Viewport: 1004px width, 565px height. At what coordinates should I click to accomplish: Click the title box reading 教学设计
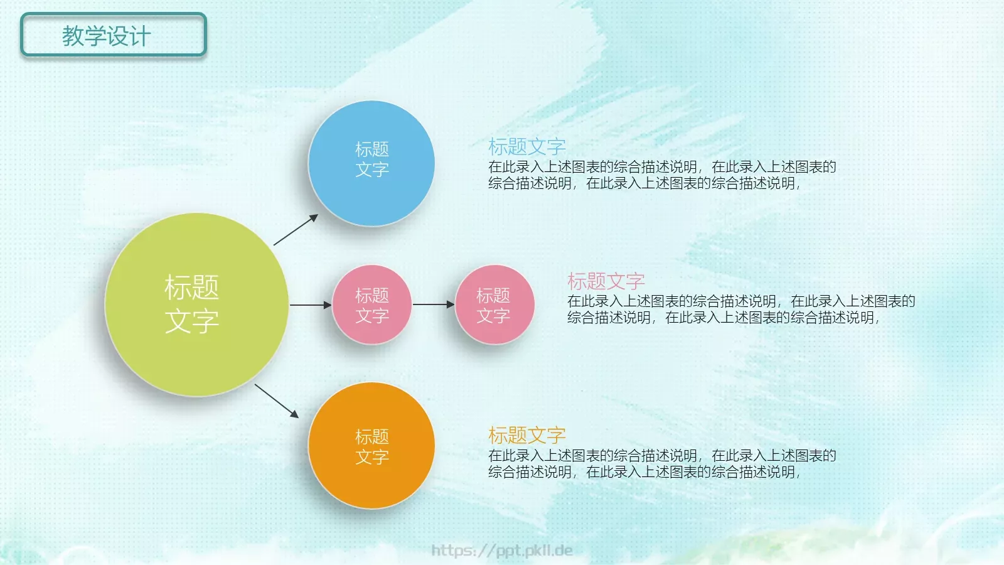113,35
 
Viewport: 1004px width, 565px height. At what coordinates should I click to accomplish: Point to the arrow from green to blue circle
296,230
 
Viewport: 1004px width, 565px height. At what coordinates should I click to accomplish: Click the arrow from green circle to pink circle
310,305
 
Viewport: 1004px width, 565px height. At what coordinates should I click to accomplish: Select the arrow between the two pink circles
433,304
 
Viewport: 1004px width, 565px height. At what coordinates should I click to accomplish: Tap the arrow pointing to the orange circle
277,401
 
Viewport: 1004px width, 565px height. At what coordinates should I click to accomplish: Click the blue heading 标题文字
527,147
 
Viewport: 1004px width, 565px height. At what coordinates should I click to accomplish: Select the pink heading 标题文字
606,281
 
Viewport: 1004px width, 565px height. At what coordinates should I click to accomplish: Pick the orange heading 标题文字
527,435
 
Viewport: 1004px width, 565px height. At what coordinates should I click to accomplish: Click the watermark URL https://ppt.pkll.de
502,551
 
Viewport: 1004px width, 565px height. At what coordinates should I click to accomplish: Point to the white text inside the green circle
192,304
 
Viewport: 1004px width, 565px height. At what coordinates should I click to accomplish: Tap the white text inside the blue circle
372,159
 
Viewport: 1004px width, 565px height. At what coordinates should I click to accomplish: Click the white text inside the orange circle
372,447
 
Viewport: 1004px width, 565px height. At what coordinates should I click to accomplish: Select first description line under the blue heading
662,167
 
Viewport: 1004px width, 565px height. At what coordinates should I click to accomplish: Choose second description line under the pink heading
723,318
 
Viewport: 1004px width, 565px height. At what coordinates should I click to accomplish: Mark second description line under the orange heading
644,472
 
